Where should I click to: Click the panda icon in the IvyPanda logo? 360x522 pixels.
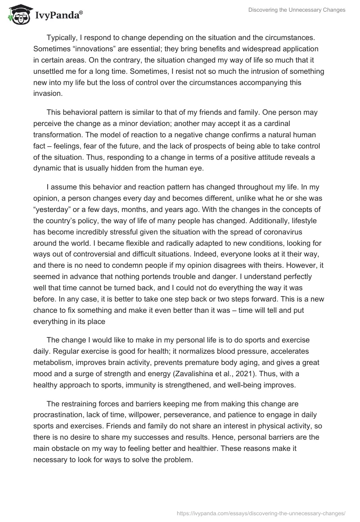pyautogui.click(x=18, y=13)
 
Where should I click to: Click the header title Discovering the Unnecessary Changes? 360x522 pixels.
pyautogui.click(x=297, y=10)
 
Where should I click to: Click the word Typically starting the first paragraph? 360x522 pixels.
pyautogui.click(x=63, y=37)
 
